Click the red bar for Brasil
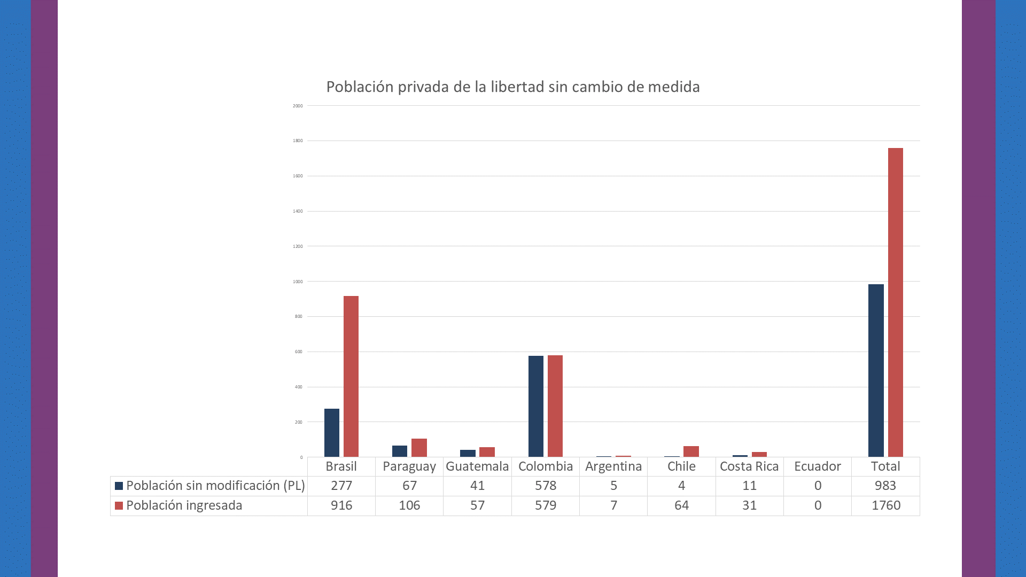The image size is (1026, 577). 351,376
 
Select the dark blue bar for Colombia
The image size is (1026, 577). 535,406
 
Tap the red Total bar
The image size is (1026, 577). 895,302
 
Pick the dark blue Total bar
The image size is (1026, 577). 876,370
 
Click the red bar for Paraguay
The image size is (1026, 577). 419,448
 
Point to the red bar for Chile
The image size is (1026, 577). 691,451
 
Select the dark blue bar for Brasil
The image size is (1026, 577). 331,433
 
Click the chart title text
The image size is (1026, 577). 512,87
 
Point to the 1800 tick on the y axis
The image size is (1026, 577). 298,141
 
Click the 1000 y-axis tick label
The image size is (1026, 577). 298,282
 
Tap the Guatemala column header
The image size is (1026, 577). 477,466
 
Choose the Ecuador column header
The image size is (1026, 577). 817,466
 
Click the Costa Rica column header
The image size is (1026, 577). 749,466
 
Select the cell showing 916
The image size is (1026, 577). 341,505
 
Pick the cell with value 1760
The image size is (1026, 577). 885,505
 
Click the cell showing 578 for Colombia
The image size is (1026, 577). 545,486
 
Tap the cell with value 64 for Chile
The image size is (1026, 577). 681,505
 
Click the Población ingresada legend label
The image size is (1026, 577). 184,505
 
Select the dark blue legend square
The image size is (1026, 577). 119,486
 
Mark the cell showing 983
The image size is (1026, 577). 885,486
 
